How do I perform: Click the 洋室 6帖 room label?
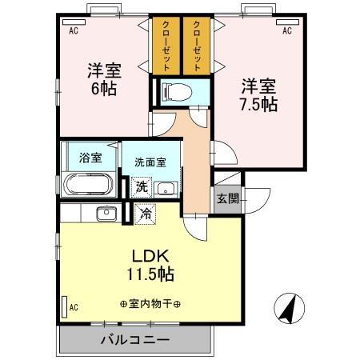coord(102,78)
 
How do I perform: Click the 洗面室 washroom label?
coord(150,161)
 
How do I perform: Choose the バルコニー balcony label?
coord(134,340)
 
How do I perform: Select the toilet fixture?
coord(174,90)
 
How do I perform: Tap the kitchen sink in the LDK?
coord(105,213)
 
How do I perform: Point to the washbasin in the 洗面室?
coord(165,189)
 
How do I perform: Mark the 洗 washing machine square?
coord(142,187)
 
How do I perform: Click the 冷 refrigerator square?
coord(145,214)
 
